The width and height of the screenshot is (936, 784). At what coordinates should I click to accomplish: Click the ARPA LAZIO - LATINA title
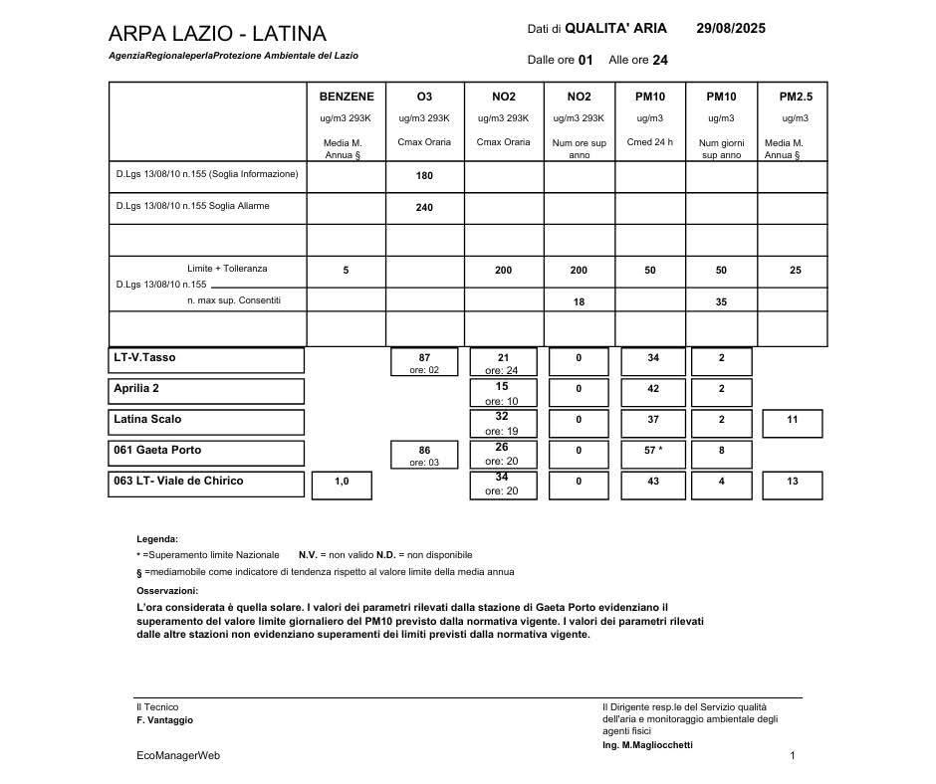point(217,34)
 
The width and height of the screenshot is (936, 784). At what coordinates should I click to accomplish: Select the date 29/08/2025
point(731,29)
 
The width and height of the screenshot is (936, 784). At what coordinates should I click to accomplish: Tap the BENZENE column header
point(347,97)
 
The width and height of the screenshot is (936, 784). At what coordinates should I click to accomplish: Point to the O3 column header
point(424,97)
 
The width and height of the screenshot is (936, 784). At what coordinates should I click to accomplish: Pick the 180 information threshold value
point(424,176)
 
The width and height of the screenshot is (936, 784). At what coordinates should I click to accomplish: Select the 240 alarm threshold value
point(424,208)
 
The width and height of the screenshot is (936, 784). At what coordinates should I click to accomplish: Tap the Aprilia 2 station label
point(136,388)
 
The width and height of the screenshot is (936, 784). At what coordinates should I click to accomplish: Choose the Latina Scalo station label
point(147,419)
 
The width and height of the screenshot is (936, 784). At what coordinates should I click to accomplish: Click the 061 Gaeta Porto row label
point(157,450)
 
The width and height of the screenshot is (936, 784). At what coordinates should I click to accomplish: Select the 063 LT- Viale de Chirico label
point(178,481)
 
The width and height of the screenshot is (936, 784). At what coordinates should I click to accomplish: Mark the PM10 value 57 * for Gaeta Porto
point(652,451)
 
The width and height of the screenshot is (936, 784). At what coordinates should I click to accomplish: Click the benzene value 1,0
point(342,482)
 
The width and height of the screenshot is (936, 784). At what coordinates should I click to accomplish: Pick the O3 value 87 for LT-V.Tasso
point(424,357)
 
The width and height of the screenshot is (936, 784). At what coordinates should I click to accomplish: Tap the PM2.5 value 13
point(792,482)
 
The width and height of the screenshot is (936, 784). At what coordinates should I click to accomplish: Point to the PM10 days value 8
point(721,451)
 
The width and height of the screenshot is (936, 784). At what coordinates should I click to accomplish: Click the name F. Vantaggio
point(165,720)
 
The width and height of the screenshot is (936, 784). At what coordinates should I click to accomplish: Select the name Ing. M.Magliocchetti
point(647,745)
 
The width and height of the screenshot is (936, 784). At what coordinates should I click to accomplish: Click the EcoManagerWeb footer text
point(178,756)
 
